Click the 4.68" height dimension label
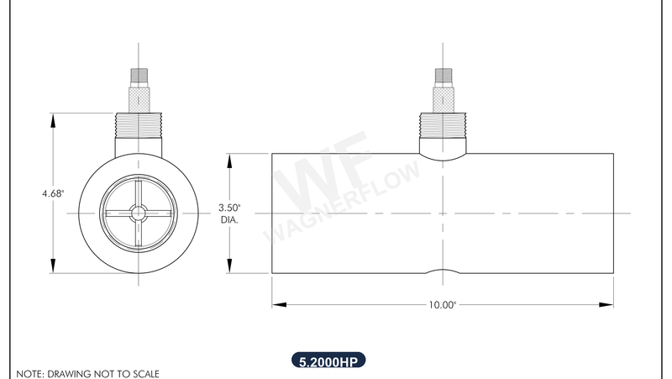pyautogui.click(x=53, y=193)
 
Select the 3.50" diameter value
pyautogui.click(x=229, y=208)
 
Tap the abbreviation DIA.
pyautogui.click(x=229, y=220)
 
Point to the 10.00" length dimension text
pyautogui.click(x=442, y=305)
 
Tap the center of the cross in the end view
pyautogui.click(x=139, y=213)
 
